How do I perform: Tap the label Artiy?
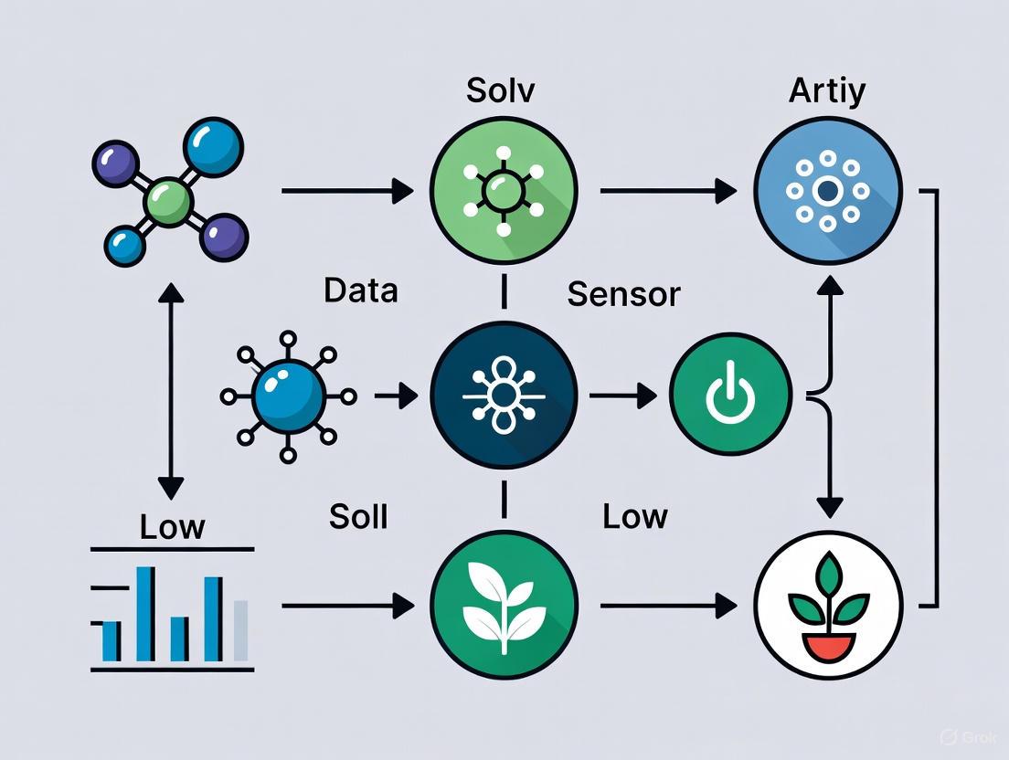pyautogui.click(x=827, y=91)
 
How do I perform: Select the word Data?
pyautogui.click(x=360, y=290)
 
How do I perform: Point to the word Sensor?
pyautogui.click(x=623, y=294)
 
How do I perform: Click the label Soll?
pyautogui.click(x=358, y=517)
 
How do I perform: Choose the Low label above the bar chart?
pyautogui.click(x=173, y=527)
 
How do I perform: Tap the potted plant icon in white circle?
pyautogui.click(x=828, y=604)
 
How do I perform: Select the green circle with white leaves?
pyautogui.click(x=504, y=604)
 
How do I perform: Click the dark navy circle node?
pyautogui.click(x=504, y=396)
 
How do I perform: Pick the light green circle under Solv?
pyautogui.click(x=504, y=191)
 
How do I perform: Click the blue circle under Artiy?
pyautogui.click(x=828, y=191)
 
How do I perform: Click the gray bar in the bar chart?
pyautogui.click(x=240, y=630)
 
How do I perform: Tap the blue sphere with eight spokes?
pyautogui.click(x=287, y=396)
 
